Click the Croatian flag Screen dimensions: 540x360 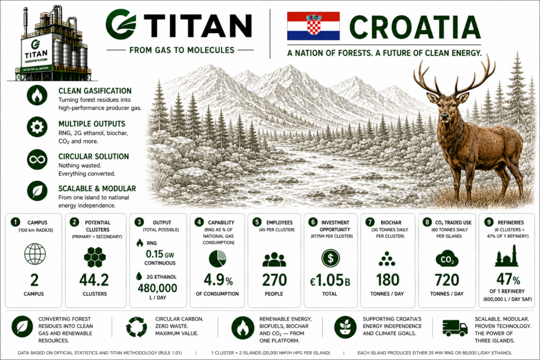(x=313, y=26)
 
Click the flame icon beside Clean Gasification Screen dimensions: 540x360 (x=37, y=95)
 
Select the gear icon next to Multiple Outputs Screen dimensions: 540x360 (x=37, y=127)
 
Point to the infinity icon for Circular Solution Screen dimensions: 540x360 (x=37, y=159)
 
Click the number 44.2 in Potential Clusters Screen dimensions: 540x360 (x=94, y=280)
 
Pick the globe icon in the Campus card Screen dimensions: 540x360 (x=35, y=254)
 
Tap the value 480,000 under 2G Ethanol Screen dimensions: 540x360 (x=157, y=288)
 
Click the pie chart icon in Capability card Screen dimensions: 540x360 (x=218, y=258)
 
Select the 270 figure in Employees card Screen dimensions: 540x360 (x=274, y=280)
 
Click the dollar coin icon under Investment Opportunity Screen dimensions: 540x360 (x=331, y=258)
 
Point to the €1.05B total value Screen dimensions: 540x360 (x=330, y=281)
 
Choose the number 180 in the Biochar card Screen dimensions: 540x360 (x=388, y=280)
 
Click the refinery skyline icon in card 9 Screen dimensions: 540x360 (x=507, y=256)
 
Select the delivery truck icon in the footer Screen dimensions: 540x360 (x=455, y=328)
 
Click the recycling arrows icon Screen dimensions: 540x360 (x=137, y=327)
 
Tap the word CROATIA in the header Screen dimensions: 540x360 (x=414, y=27)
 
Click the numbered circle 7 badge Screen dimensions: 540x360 (x=369, y=222)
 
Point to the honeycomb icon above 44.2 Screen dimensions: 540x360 (x=95, y=257)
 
